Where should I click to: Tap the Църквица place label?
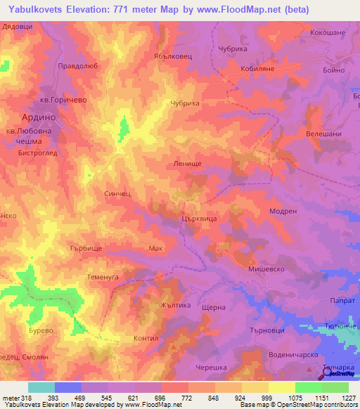[199, 219]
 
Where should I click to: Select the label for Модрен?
[283, 210]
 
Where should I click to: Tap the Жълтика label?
[176, 306]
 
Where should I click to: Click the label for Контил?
[146, 338]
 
